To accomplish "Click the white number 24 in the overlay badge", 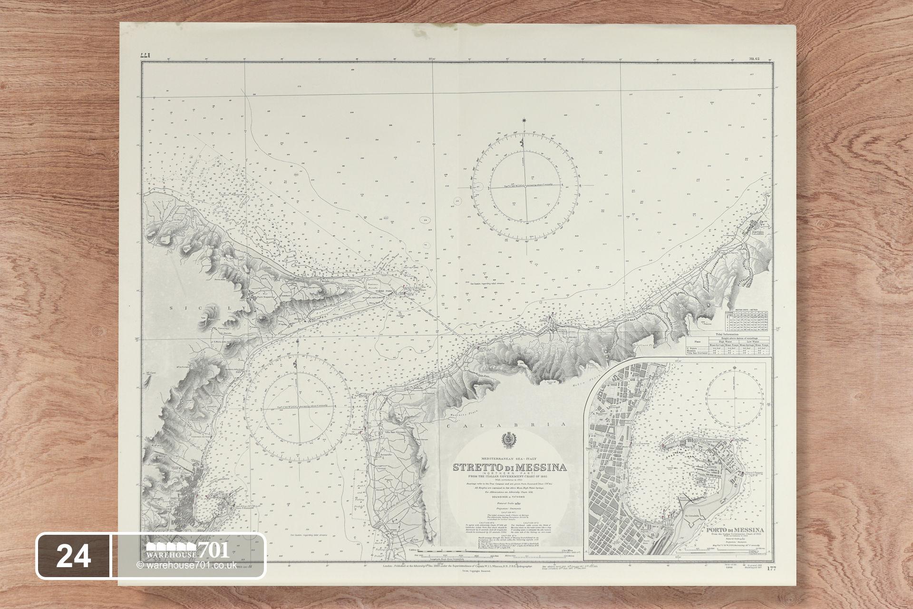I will (x=74, y=556).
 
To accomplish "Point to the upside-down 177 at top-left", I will (x=145, y=56).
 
